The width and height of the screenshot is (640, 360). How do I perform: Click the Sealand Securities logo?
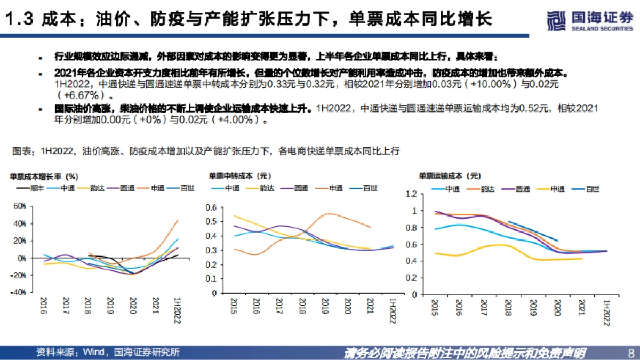pyautogui.click(x=589, y=20)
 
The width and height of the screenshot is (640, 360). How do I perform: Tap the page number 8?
pyautogui.click(x=631, y=353)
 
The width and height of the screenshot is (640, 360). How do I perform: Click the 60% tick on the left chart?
pyautogui.click(x=19, y=206)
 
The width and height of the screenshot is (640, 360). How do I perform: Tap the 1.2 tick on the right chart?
pyautogui.click(x=410, y=194)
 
